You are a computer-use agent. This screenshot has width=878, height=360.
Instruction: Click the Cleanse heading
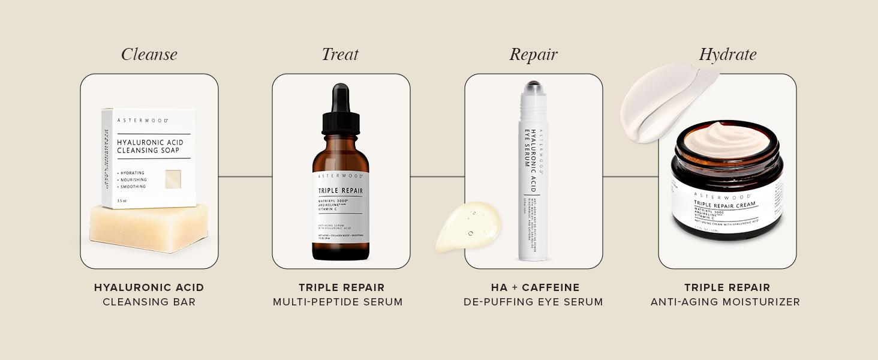tap(149, 55)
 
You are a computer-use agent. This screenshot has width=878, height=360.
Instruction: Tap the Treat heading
tap(340, 55)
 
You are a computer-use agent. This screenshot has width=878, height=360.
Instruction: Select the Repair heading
tap(533, 55)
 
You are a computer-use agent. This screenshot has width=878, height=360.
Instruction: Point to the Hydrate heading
tap(727, 55)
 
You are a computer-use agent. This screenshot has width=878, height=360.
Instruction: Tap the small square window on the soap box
tap(173, 179)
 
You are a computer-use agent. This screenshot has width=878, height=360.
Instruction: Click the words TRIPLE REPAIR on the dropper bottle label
tap(340, 191)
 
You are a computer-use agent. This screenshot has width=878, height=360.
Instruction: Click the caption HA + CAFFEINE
tap(533, 288)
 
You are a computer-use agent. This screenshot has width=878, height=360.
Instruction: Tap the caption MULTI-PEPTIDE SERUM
tap(338, 302)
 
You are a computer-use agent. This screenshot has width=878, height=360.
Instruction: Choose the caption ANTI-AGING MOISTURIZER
tap(725, 302)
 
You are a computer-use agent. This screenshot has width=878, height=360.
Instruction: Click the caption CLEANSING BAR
tap(149, 302)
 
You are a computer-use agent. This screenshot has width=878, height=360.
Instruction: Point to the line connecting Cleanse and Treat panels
tap(245, 176)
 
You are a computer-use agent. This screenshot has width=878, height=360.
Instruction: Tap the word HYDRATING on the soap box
tap(133, 173)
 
